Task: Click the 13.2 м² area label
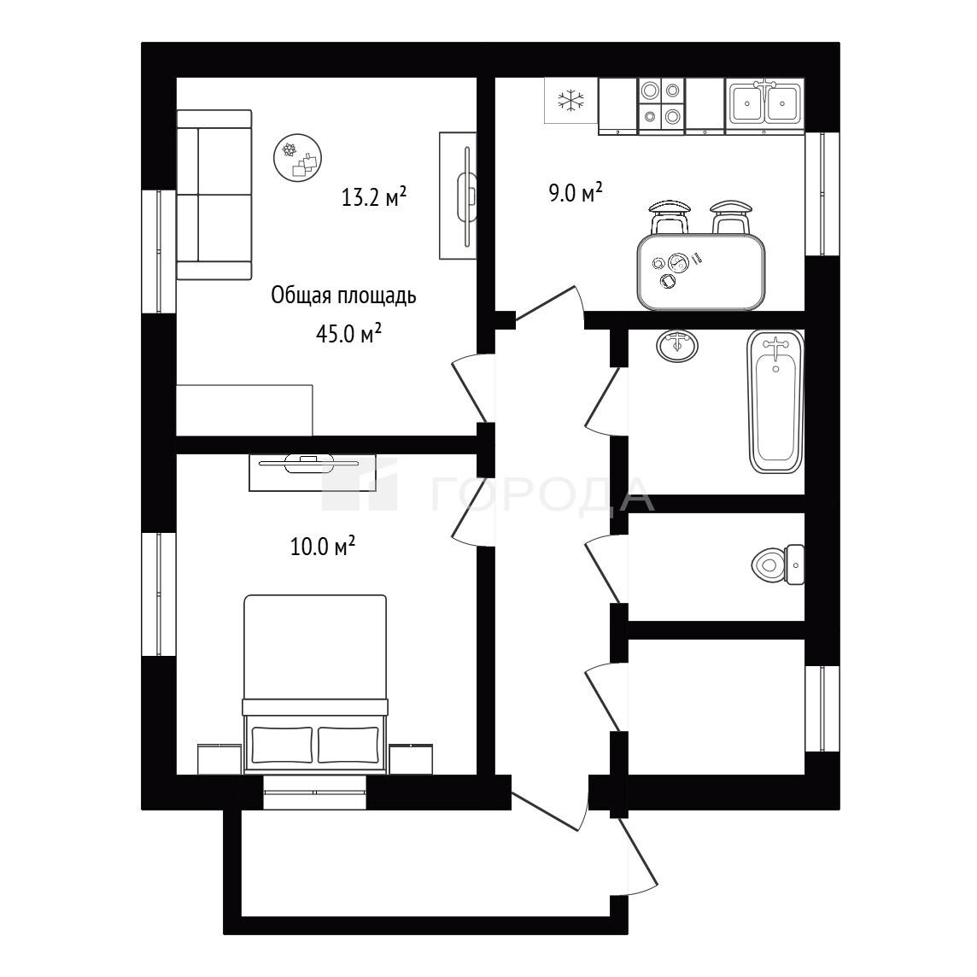[x=374, y=197]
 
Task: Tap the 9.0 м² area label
[x=575, y=192]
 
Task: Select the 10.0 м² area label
[x=323, y=546]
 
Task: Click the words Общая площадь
[x=343, y=295]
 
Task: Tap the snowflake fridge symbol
[x=571, y=100]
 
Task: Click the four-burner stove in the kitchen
[x=661, y=105]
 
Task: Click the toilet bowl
[x=778, y=565]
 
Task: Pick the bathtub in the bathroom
[x=775, y=402]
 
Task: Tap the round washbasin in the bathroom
[x=676, y=345]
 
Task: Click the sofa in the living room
[x=214, y=195]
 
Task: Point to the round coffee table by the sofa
[x=298, y=158]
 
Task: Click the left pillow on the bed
[x=282, y=745]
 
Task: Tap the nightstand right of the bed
[x=411, y=759]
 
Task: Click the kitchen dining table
[x=701, y=272]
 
